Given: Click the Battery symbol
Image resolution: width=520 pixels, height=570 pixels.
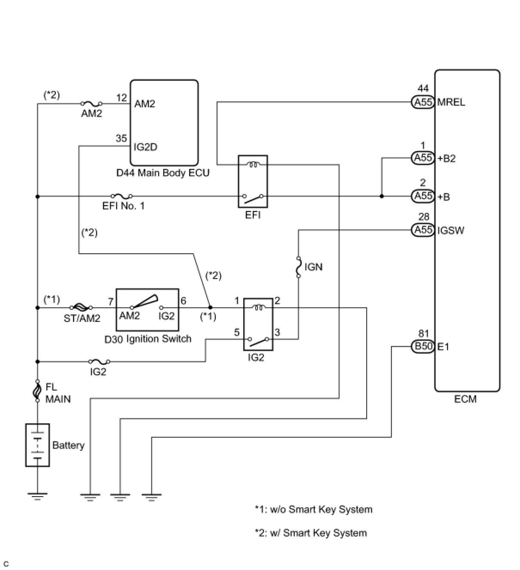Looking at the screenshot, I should coord(37,445).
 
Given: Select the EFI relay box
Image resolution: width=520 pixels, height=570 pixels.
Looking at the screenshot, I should coord(253,181).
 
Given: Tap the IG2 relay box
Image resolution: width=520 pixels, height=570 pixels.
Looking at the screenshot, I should coord(258,324).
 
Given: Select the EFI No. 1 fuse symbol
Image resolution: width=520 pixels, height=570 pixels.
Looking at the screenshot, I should coord(121,196).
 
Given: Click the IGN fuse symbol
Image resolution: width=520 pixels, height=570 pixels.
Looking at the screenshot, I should coord(298,267).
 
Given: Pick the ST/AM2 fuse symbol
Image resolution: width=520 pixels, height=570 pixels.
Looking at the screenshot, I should coord(80,307).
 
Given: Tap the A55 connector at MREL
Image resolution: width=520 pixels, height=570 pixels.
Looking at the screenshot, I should coord(423,102).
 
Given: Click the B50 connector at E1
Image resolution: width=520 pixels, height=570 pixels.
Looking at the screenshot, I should coord(423,346).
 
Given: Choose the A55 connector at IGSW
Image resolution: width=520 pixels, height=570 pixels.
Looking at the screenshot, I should coord(423,230).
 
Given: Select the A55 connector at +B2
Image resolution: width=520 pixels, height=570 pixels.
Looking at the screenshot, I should coord(423,158).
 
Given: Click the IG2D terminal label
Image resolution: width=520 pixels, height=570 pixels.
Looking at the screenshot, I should coord(145,147).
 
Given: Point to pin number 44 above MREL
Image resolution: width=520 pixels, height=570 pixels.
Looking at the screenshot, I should coord(423,89).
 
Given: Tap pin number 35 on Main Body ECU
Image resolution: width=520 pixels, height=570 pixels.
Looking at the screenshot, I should coord(121,138).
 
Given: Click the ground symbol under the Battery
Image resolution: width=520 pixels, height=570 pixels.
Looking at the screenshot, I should coord(37,497).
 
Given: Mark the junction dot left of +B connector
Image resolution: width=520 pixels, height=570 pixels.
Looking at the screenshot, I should coord(382,196).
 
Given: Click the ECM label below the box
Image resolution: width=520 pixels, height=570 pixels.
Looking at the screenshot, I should coord(465,399).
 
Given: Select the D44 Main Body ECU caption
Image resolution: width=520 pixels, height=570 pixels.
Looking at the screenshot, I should coord(163,173).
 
